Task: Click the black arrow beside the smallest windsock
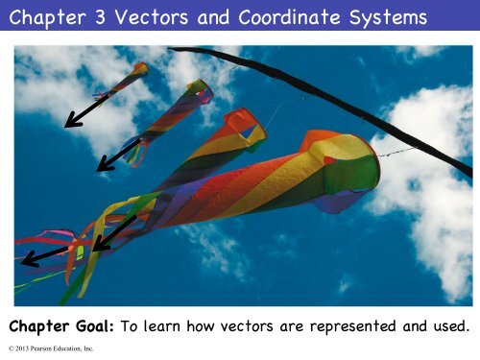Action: pos(86,110)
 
